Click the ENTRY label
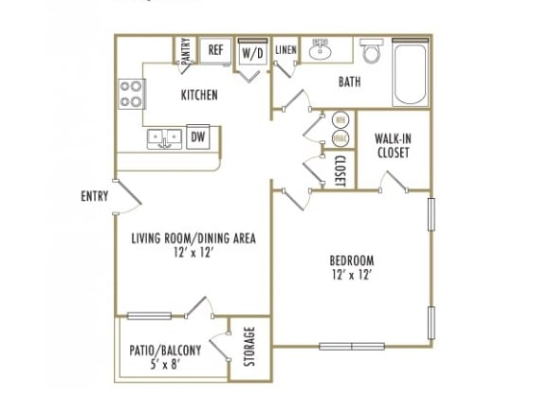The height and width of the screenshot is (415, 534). click(x=94, y=196)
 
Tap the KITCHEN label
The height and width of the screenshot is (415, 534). click(x=199, y=95)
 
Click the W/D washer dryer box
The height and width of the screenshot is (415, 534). click(x=252, y=53)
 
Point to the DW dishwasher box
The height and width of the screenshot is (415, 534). click(x=197, y=137)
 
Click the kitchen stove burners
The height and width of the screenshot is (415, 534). click(x=132, y=93)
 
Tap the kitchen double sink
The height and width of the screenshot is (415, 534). click(x=164, y=138)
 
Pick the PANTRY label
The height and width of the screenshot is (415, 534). click(x=185, y=50)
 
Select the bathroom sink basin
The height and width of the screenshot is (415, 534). click(x=321, y=50)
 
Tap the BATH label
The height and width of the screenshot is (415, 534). click(x=349, y=82)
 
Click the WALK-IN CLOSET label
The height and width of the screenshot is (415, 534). click(x=392, y=145)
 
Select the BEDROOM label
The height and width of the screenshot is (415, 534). click(x=351, y=261)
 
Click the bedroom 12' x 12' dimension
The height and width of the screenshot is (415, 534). click(x=351, y=276)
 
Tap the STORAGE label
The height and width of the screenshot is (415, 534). click(x=250, y=347)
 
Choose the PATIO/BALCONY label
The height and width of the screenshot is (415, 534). click(x=165, y=348)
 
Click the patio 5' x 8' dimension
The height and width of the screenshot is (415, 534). click(x=165, y=363)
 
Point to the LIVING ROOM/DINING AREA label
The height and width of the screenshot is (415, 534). click(x=193, y=239)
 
